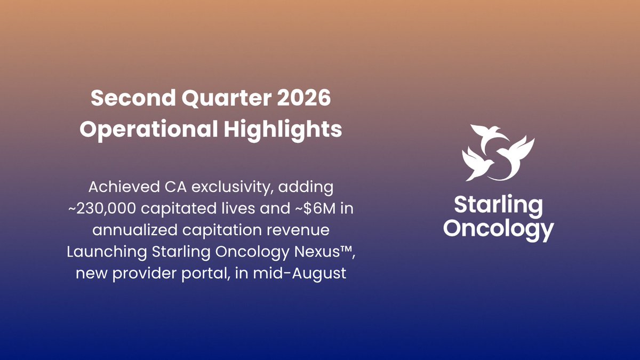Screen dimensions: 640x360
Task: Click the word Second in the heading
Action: pos(133,98)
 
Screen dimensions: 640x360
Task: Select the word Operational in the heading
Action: pos(149,129)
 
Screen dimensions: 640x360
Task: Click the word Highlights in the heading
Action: pos(283,129)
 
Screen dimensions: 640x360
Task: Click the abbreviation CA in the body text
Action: pos(175,187)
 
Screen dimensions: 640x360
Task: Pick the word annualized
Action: pos(134,230)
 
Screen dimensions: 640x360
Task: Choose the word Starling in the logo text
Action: pos(498,205)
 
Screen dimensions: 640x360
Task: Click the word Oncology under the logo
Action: pos(499,229)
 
